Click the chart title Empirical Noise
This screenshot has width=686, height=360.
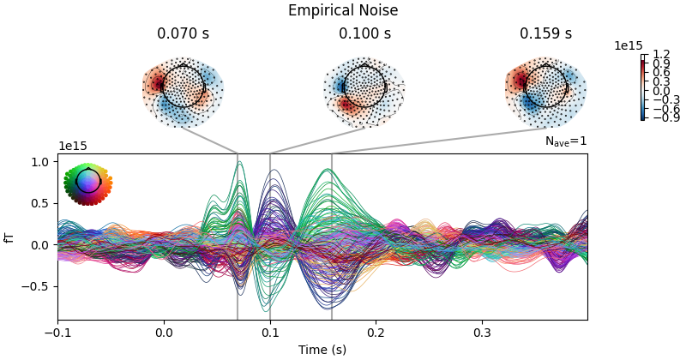[343, 11]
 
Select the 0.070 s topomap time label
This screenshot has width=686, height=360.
[183, 34]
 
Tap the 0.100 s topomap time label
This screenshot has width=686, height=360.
[364, 34]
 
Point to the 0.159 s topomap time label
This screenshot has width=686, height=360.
[545, 34]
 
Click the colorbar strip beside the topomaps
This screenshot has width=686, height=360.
[643, 87]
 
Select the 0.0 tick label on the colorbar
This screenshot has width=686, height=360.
[661, 90]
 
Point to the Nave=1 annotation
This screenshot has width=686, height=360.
[566, 141]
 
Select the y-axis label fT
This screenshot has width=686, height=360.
[10, 237]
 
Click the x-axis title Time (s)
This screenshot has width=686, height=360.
[322, 350]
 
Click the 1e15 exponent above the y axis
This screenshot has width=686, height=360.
[72, 147]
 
